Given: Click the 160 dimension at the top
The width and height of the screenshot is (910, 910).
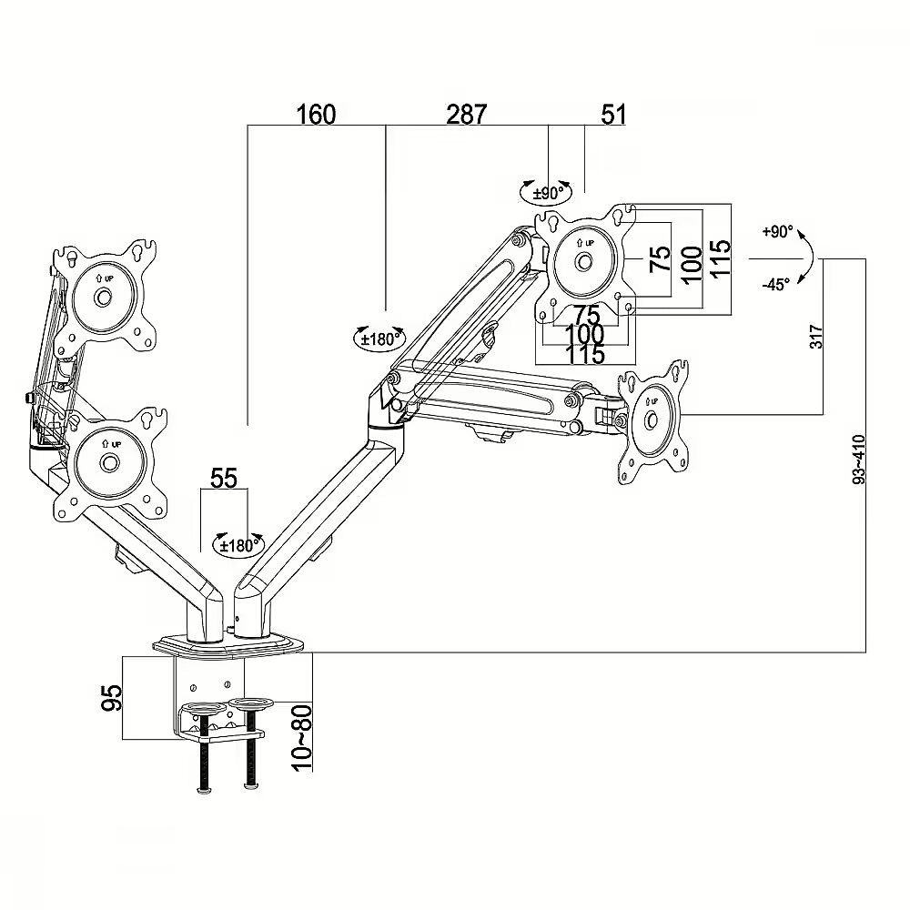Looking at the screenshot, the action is click(x=317, y=115).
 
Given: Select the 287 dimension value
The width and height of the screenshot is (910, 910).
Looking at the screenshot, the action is click(x=466, y=115).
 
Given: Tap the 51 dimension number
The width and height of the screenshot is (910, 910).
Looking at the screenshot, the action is click(x=614, y=115).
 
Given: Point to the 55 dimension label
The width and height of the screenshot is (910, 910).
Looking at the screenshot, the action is click(x=224, y=479).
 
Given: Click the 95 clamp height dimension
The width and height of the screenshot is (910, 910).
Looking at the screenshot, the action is click(x=112, y=697).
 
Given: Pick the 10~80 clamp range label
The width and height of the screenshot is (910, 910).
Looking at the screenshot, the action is click(x=302, y=737).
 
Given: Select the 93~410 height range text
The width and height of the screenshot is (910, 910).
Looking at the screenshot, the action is click(x=859, y=459).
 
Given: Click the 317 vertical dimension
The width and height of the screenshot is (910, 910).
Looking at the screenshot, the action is click(x=816, y=337).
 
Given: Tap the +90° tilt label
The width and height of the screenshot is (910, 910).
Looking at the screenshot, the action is click(x=777, y=231).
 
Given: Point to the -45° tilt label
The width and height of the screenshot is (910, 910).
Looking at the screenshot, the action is click(x=776, y=284).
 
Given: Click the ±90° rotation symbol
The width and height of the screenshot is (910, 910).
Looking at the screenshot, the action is click(x=545, y=192).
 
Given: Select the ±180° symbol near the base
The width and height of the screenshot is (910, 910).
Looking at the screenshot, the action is click(x=238, y=544).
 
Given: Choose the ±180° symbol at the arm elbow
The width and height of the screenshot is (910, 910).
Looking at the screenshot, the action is click(x=379, y=338).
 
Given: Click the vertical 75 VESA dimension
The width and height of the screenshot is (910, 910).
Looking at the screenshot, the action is click(x=660, y=258).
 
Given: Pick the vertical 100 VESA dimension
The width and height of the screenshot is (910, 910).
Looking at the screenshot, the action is click(x=692, y=264).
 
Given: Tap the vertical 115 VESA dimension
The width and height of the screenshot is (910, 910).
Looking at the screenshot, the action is click(x=720, y=259).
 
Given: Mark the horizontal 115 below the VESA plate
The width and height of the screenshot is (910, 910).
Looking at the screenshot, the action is click(x=584, y=354).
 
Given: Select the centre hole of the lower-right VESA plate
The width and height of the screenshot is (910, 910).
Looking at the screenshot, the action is click(x=652, y=419).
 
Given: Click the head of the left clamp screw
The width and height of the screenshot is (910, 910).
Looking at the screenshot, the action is click(x=204, y=789).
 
